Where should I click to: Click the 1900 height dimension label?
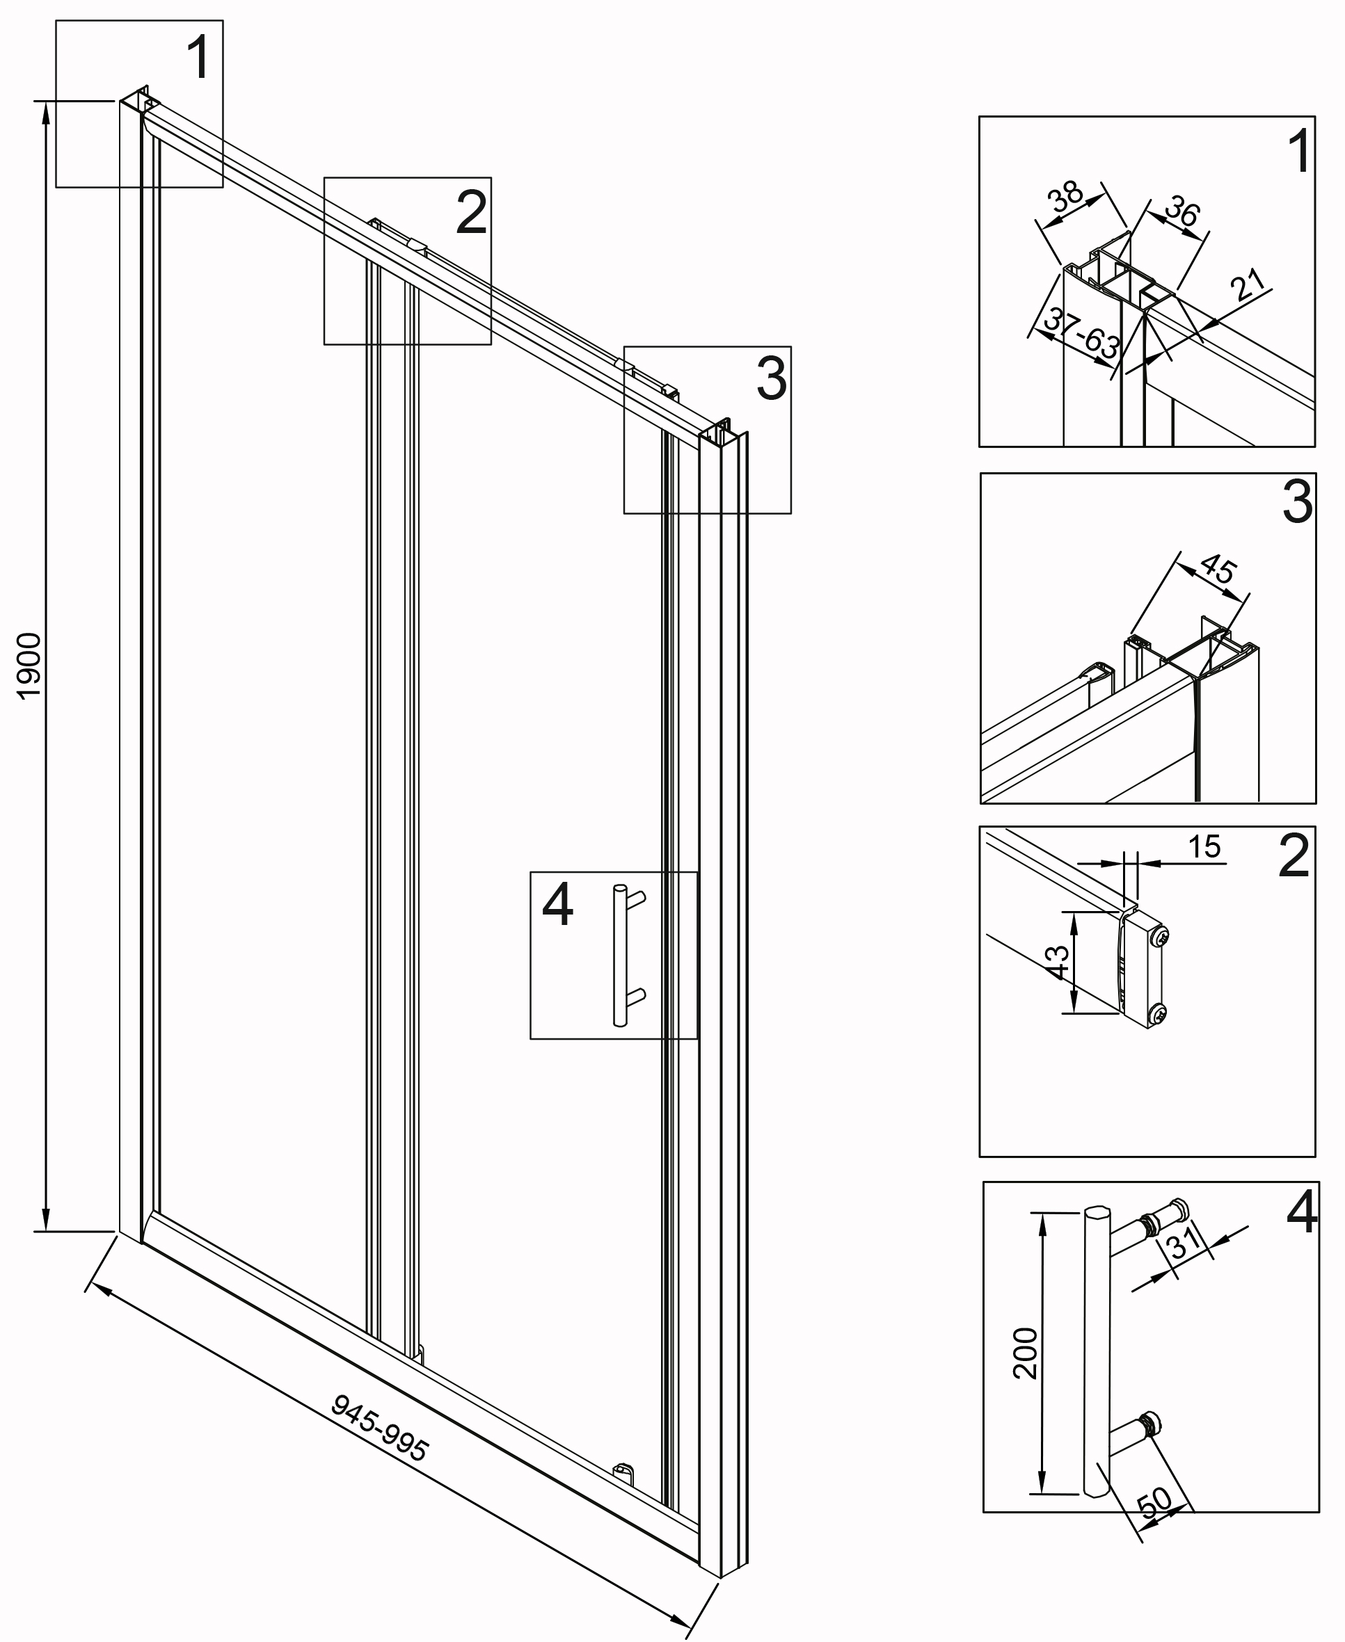pyautogui.click(x=29, y=666)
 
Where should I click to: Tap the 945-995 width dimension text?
pyautogui.click(x=380, y=1428)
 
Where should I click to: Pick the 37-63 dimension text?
pyautogui.click(x=1080, y=334)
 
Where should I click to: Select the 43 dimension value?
pyautogui.click(x=1058, y=962)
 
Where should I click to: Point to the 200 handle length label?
pyautogui.click(x=1025, y=1374)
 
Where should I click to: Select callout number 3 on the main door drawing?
pyautogui.click(x=772, y=379)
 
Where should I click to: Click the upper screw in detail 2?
pyautogui.click(x=1160, y=938)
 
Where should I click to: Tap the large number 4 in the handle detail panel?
pyautogui.click(x=1303, y=1212)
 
